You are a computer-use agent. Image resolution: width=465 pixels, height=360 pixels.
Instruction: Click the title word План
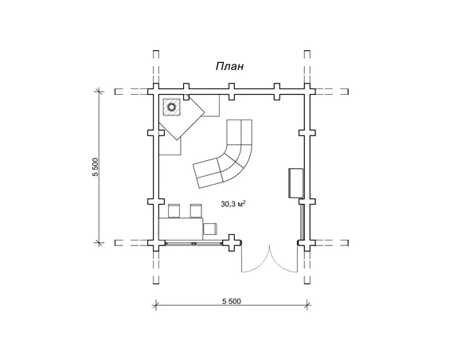tap(229, 66)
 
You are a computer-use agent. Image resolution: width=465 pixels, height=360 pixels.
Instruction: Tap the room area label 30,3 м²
tap(233, 204)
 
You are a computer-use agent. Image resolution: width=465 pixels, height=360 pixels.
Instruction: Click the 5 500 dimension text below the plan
tap(232, 301)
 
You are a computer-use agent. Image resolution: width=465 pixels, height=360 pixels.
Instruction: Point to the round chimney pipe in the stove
tap(171, 107)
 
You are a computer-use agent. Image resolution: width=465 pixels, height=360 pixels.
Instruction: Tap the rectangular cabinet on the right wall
tap(296, 182)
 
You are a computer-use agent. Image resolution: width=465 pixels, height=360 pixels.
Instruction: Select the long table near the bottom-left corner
tap(181, 229)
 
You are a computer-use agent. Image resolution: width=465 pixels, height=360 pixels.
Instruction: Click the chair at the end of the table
tap(210, 229)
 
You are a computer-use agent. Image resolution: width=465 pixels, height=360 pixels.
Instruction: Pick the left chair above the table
tap(174, 211)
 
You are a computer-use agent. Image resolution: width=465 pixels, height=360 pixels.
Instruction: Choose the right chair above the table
tap(196, 211)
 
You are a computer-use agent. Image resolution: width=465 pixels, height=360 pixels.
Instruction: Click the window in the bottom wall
tap(193, 243)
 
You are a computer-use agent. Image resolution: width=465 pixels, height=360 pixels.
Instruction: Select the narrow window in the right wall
tap(302, 222)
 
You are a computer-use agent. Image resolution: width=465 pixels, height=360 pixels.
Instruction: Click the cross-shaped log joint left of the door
tap(232, 243)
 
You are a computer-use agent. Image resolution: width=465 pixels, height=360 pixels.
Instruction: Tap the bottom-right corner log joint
tap(307, 243)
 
